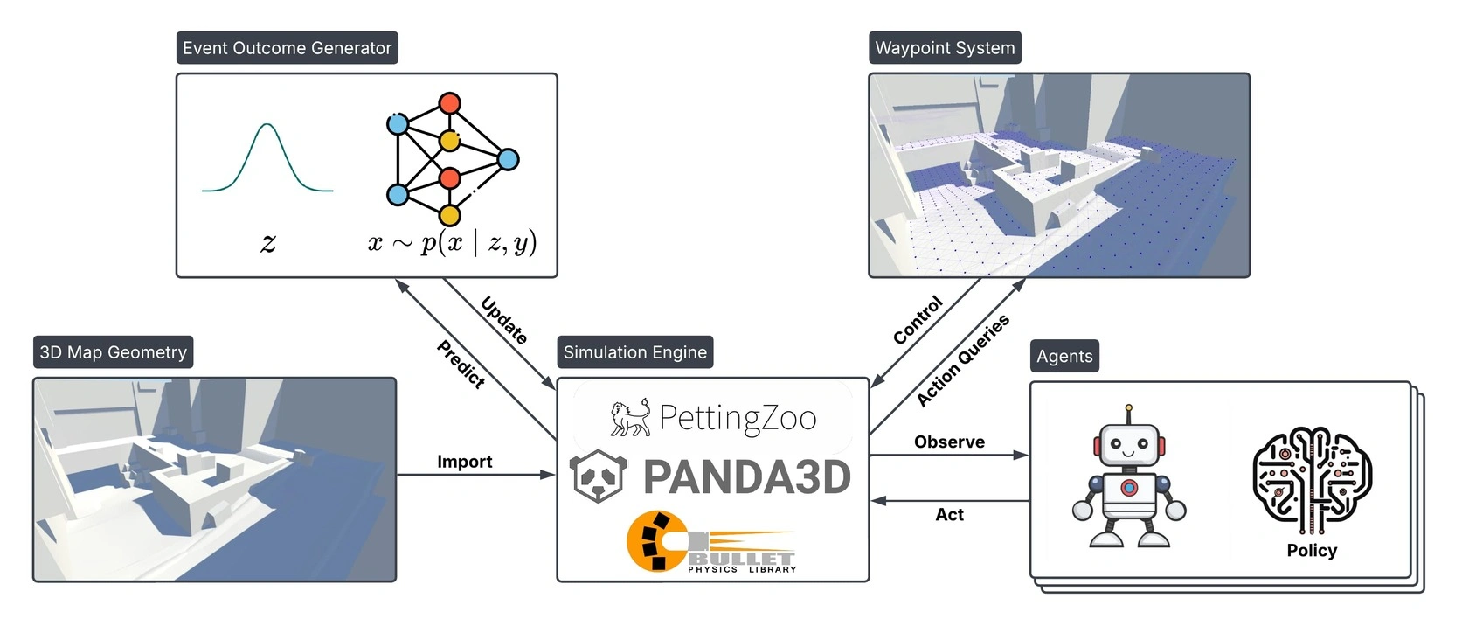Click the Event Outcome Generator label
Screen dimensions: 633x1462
point(287,48)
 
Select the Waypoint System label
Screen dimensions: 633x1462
point(945,48)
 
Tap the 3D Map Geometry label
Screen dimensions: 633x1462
point(113,352)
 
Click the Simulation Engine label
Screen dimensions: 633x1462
point(634,352)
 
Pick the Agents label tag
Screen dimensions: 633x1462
point(1064,356)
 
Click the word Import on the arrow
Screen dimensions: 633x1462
point(464,462)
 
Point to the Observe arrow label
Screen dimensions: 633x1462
point(949,442)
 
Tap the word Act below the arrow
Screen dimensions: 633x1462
point(949,515)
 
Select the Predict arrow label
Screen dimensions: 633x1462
point(461,364)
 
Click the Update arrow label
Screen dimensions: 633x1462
point(504,320)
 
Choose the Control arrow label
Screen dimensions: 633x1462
point(918,320)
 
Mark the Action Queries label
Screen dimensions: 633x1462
point(962,360)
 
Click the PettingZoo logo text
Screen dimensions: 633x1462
point(737,418)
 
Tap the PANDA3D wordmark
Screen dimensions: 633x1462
point(746,477)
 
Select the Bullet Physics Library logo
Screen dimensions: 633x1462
point(710,543)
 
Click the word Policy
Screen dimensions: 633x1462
point(1312,550)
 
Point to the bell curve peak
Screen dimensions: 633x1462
point(267,126)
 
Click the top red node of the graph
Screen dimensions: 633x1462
point(449,103)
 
